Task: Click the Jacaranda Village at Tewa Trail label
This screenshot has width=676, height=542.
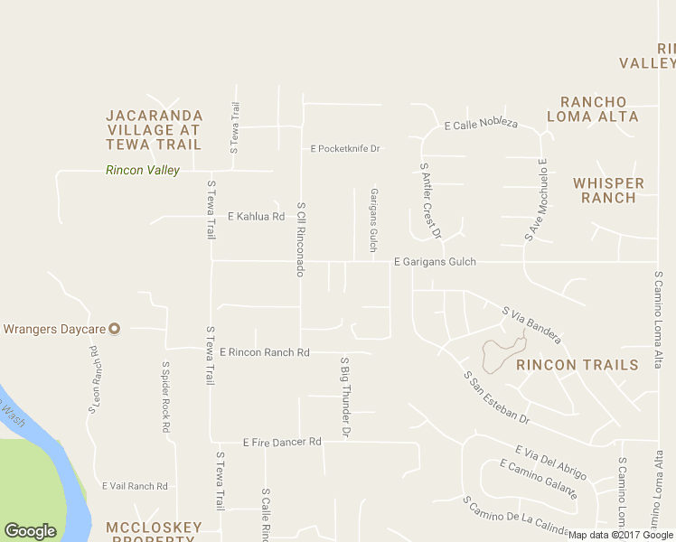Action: click(x=155, y=129)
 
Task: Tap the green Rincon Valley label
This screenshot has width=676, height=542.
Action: click(x=143, y=170)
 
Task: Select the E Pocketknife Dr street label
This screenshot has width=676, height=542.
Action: click(x=345, y=148)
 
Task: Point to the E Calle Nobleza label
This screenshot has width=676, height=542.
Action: click(x=481, y=124)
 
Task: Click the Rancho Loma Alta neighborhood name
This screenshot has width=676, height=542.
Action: click(x=593, y=109)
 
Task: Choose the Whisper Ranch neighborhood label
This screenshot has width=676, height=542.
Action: click(x=609, y=190)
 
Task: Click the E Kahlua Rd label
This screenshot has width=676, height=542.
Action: click(x=257, y=217)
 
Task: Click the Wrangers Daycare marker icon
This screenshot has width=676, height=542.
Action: click(x=115, y=328)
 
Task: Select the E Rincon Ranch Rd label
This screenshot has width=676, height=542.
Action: click(x=265, y=352)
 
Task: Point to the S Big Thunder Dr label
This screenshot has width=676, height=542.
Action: click(x=344, y=397)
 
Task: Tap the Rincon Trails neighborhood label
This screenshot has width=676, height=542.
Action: click(x=577, y=365)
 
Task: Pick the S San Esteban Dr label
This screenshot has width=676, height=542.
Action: click(x=495, y=397)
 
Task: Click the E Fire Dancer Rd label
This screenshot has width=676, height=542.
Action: click(x=282, y=442)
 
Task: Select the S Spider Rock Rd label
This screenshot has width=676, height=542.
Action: click(x=166, y=398)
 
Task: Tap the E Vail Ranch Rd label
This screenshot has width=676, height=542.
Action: click(x=135, y=486)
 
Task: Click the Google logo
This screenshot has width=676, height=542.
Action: click(x=30, y=531)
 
